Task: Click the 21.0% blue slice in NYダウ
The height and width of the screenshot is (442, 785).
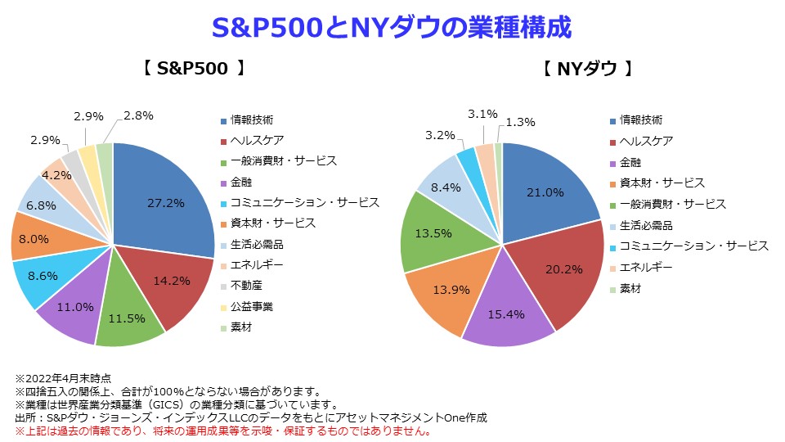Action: [544, 193]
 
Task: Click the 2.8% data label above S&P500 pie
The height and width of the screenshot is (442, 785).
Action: [137, 115]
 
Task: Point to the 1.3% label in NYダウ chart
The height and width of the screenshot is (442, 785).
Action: [521, 122]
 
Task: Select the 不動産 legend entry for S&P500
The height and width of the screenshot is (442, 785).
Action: [245, 286]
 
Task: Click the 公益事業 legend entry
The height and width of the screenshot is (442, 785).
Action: [251, 307]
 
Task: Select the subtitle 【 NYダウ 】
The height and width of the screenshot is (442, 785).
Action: [588, 69]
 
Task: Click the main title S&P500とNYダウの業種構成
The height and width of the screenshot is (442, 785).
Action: [392, 27]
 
